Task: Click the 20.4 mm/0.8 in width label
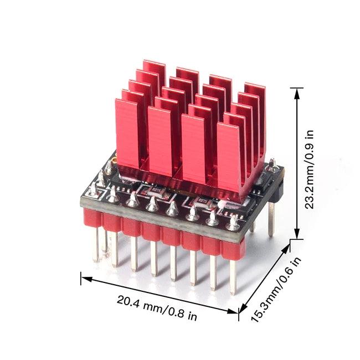pyautogui.click(x=157, y=308)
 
